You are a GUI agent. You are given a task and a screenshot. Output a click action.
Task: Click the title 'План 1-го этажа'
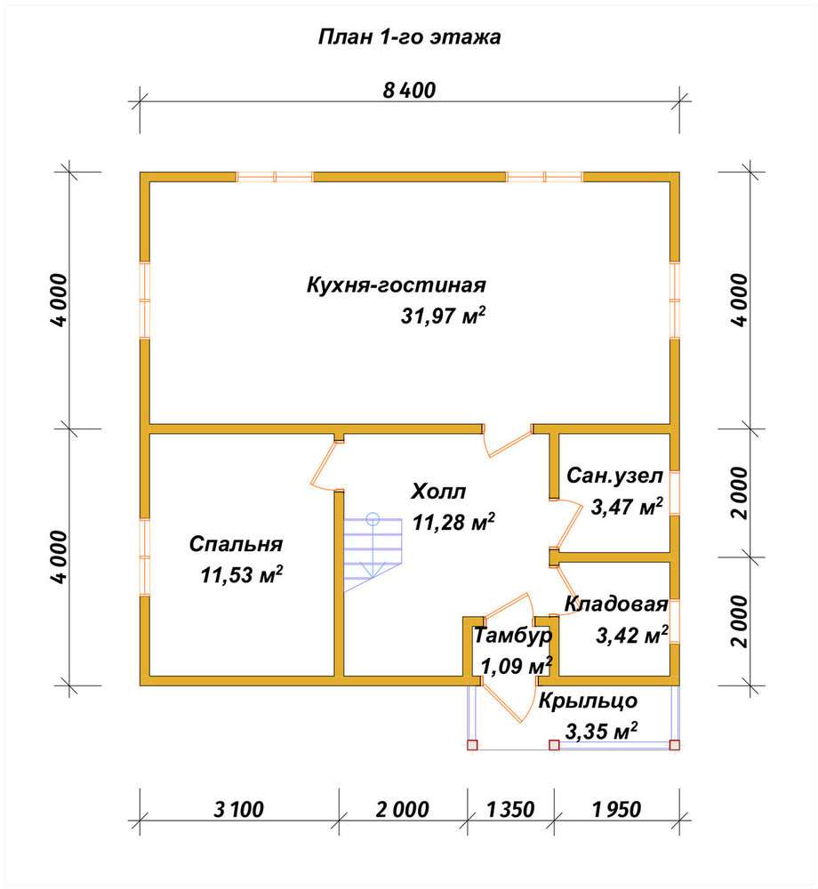coord(409,37)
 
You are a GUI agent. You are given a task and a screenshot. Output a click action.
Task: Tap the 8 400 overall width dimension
coord(409,90)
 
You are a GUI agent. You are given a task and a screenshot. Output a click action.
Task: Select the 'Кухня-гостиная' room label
coord(397,284)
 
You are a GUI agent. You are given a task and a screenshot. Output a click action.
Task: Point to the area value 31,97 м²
coord(444,316)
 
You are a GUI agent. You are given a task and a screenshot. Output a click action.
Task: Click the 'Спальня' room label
coord(236,544)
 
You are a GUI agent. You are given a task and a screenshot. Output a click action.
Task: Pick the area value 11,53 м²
coord(242,575)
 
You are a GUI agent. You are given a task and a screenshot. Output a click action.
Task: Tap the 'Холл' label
coord(438,492)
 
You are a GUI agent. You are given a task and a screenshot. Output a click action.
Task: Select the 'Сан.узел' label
coord(614,476)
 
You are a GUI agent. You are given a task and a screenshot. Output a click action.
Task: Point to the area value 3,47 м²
coord(627,507)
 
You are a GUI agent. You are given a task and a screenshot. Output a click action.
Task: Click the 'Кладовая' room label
coord(616,605)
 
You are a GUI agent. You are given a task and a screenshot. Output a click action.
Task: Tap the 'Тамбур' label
coord(512,636)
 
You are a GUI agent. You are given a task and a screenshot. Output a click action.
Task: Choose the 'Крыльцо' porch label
coord(588,701)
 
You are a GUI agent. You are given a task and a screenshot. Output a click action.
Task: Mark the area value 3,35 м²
coord(601,732)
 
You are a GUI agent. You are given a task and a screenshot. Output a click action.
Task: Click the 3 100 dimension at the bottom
coord(238,809)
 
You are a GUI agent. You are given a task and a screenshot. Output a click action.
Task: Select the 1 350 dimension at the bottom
coord(510,809)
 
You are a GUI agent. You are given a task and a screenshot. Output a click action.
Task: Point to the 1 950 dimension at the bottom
coord(617,809)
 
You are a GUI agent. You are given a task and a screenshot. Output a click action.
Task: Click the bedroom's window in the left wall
coord(145,557)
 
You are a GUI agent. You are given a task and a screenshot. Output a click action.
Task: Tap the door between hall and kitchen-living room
coord(507,441)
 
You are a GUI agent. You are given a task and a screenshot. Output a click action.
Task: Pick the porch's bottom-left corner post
coord(472,745)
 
